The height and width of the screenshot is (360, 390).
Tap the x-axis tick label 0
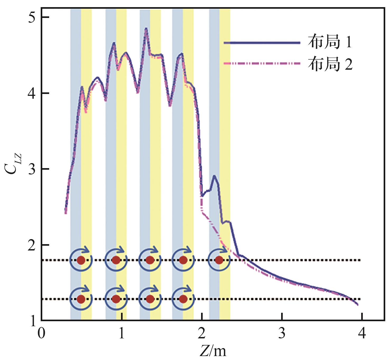tap(41, 334)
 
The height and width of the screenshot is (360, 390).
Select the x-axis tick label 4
tap(362, 334)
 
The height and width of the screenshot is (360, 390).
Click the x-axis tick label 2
tap(202, 334)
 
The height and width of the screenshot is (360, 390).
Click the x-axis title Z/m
tap(213, 351)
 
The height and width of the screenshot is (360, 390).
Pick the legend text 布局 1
tap(330, 42)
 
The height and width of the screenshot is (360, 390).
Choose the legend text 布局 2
tap(330, 64)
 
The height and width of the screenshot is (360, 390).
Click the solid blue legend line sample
tap(262, 42)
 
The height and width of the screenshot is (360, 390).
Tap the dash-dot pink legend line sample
tap(262, 64)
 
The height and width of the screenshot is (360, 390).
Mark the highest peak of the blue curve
tap(146, 28)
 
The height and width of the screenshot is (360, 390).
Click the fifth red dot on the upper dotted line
tap(219, 260)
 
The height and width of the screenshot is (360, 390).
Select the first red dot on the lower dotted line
tap(81, 299)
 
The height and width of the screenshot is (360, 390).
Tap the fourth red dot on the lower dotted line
tap(183, 299)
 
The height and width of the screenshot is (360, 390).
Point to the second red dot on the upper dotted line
tap(116, 260)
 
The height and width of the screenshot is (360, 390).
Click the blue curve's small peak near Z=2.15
tap(214, 176)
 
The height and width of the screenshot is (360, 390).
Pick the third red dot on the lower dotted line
tap(150, 299)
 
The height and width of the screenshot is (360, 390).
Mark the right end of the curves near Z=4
tap(357, 305)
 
